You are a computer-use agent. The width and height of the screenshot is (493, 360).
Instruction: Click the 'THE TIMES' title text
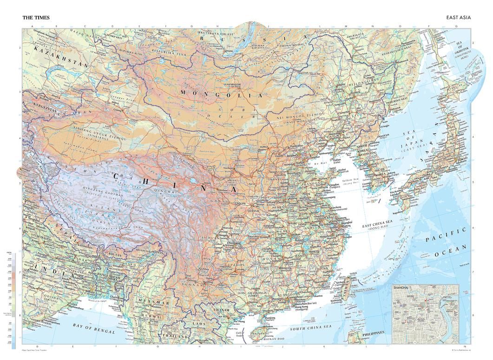(36, 18)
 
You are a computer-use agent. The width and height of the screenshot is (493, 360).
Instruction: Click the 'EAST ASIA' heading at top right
(458, 18)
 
